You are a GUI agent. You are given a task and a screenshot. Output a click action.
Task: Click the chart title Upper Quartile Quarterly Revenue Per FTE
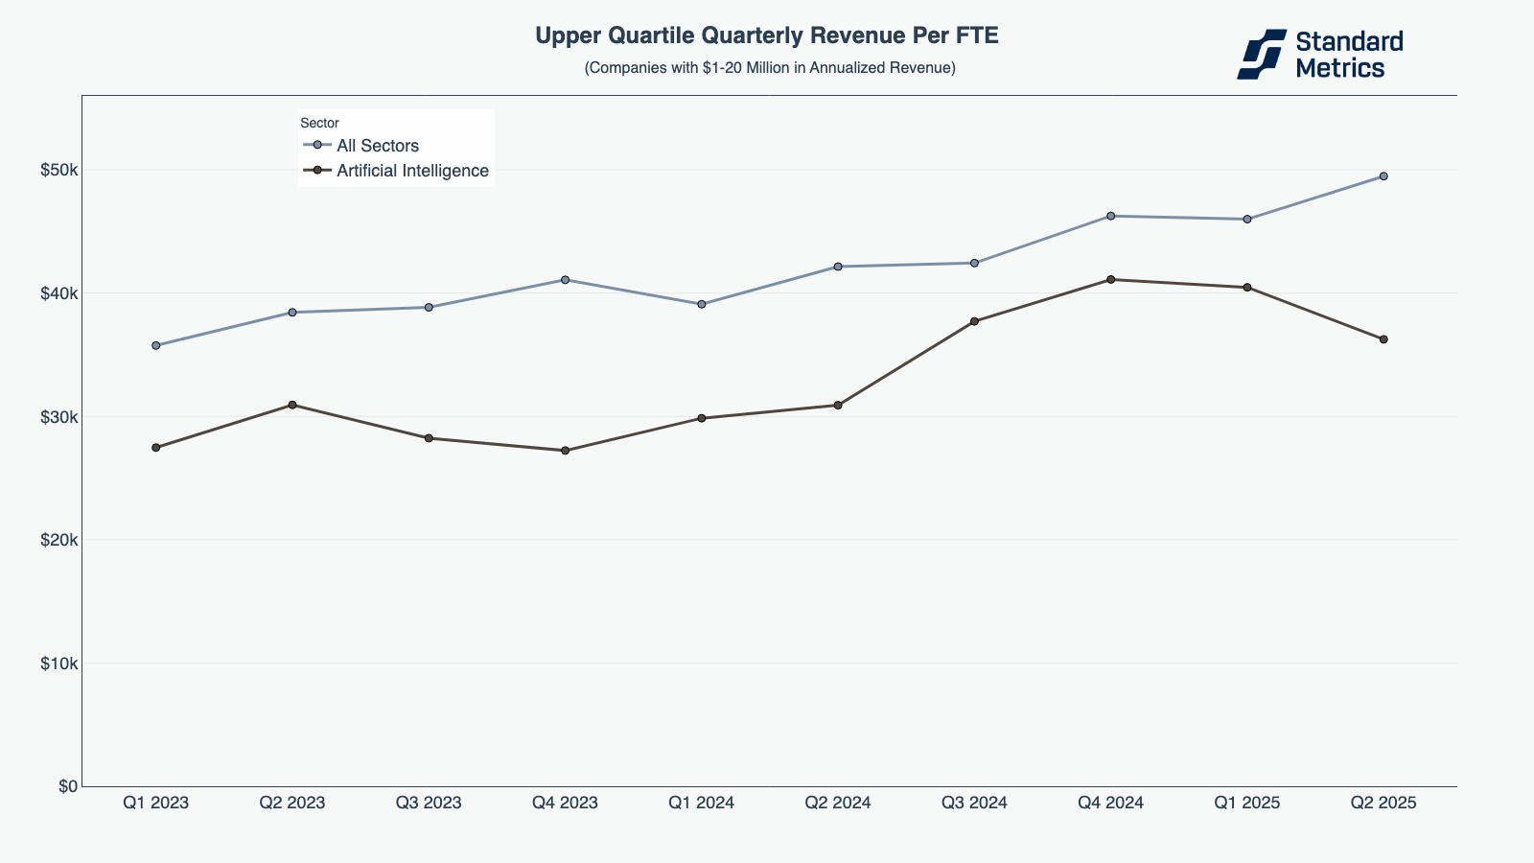(767, 36)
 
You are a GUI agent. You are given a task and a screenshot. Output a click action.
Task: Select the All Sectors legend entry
(377, 146)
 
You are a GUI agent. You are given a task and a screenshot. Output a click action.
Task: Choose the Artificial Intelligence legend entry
(412, 171)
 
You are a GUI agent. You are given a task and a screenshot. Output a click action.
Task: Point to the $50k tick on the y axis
(58, 170)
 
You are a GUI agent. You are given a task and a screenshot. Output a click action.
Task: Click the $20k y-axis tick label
(58, 540)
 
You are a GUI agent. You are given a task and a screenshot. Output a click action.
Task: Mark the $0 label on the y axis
(68, 786)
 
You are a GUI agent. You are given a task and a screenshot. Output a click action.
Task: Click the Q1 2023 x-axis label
(156, 803)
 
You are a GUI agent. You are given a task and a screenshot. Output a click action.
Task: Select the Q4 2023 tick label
(565, 803)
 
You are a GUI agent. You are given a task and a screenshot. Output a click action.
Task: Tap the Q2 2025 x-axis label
(1383, 803)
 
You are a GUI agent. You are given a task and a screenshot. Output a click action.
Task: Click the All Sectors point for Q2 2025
(1383, 176)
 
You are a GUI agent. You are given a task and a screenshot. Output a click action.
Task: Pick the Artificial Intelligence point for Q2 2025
(1383, 339)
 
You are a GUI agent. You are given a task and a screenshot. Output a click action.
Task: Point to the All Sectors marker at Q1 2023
(156, 345)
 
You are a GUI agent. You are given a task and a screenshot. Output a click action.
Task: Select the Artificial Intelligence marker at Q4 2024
(1110, 279)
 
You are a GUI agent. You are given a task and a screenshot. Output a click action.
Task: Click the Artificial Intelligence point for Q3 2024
(974, 321)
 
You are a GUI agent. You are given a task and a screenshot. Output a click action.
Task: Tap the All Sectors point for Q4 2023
(565, 280)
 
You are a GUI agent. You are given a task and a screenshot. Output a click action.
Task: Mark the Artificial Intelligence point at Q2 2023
(292, 405)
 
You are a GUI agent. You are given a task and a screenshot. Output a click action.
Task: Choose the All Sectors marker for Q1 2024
(702, 304)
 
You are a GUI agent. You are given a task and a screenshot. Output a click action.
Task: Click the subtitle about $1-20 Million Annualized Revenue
(770, 68)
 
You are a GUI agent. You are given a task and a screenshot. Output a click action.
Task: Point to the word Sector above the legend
(319, 123)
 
